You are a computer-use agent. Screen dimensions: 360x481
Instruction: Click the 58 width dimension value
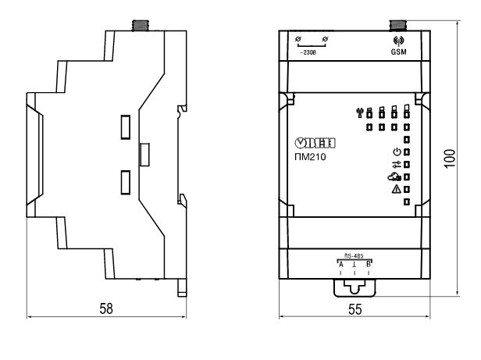[106, 308]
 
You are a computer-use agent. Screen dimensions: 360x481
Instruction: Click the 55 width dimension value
[355, 308]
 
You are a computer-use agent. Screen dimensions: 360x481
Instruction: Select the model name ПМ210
[312, 156]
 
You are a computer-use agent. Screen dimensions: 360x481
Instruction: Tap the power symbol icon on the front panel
[395, 151]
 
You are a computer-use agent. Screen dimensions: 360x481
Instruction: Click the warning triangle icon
[395, 189]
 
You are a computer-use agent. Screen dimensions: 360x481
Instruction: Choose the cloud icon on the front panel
[394, 176]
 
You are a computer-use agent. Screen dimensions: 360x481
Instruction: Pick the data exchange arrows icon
[395, 164]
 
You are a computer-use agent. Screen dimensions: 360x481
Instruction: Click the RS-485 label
[354, 255]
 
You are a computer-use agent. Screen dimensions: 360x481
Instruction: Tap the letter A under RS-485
[340, 265]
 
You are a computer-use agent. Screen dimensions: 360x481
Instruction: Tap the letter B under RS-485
[367, 265]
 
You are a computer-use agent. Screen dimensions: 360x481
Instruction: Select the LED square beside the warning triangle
[407, 189]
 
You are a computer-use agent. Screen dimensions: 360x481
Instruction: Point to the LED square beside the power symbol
[407, 151]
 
